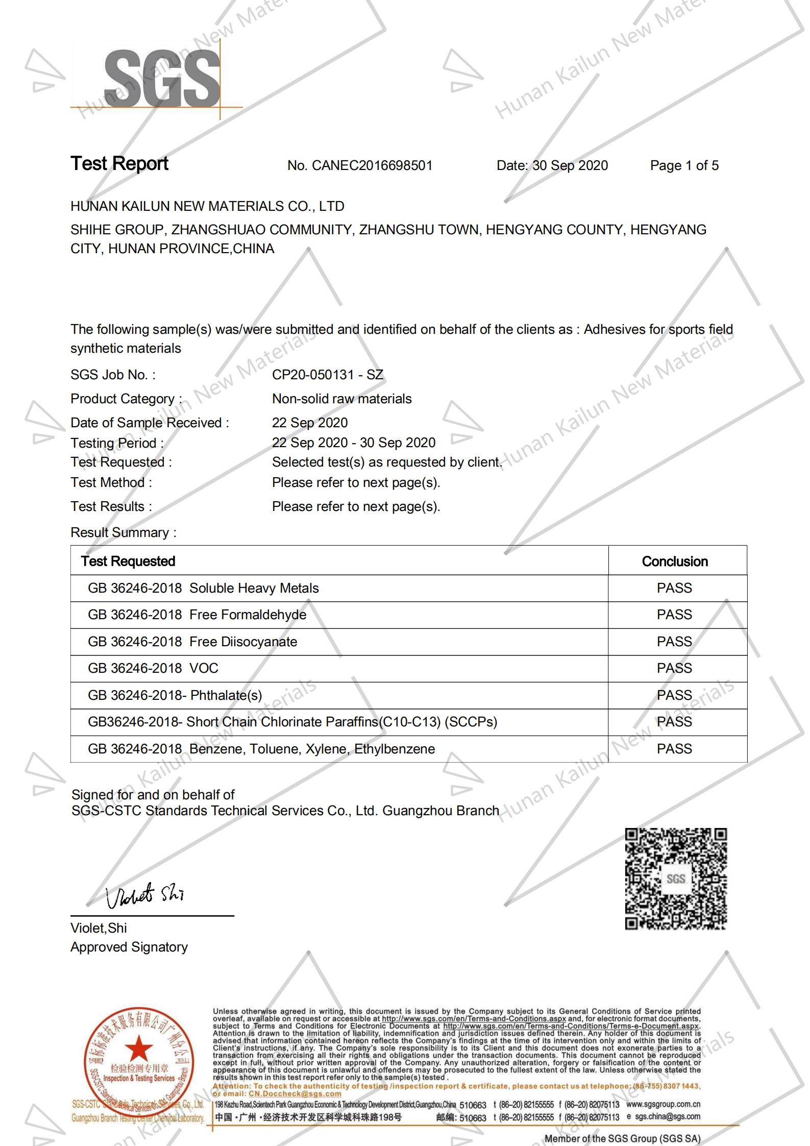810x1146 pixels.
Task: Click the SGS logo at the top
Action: pos(162,79)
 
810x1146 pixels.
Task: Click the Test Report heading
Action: pos(119,164)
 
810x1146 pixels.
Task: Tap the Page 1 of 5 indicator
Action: pos(684,165)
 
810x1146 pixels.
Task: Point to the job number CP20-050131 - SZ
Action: pos(327,375)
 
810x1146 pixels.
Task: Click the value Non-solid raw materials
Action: pos(341,399)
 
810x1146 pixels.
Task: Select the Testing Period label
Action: pos(117,443)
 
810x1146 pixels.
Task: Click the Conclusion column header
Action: pos(675,562)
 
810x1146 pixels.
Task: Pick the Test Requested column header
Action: pos(128,562)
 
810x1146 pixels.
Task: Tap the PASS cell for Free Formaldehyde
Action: pos(674,615)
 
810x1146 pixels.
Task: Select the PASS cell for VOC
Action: pos(674,668)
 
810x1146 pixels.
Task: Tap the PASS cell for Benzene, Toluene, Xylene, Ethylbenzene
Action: pos(674,749)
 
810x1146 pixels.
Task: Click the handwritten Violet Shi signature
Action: pos(144,895)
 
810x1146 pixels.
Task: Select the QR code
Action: pos(676,879)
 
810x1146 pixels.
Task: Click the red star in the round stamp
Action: pos(139,1049)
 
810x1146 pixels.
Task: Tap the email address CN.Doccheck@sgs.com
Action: pos(295,1093)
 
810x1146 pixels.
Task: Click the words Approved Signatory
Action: pos(129,947)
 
